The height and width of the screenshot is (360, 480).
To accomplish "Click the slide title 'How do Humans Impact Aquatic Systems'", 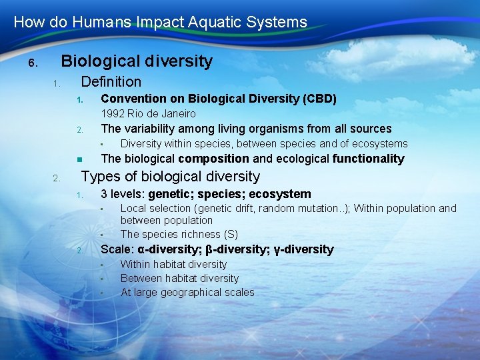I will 160,22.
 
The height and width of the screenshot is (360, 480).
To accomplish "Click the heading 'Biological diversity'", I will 137,61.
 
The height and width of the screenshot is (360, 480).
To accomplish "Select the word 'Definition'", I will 111,82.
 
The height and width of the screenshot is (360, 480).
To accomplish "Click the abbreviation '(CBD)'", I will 319,99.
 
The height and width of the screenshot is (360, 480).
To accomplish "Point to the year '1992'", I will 111,114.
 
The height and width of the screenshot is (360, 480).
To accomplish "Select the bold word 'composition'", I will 213,159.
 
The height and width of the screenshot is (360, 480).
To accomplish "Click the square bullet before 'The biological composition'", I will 78,159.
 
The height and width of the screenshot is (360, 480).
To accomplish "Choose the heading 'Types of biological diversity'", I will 170,177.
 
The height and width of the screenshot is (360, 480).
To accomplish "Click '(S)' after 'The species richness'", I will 230,234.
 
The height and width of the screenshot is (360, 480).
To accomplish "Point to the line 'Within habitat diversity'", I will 173,264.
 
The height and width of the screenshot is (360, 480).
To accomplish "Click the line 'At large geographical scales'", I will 187,292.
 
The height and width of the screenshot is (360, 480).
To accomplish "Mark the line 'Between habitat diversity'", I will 179,278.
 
